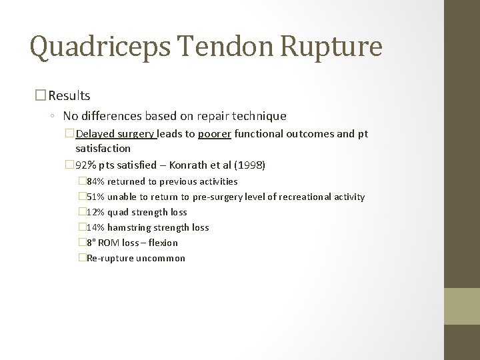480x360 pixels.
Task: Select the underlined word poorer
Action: pos(213,134)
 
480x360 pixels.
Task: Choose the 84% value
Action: pos(95,181)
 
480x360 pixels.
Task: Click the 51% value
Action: pos(95,197)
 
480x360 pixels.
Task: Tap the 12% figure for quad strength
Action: pos(95,212)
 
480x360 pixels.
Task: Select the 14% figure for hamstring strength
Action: pos(95,227)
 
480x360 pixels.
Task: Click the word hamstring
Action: pos(129,227)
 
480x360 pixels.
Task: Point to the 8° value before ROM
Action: pos(91,243)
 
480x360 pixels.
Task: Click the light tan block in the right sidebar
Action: pos(461,306)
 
